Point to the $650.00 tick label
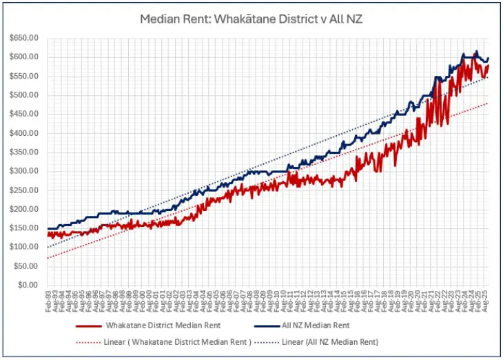tap(24, 37)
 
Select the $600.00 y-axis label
tap(24, 57)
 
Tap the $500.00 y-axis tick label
tap(24, 94)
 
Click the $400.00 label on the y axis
tap(24, 132)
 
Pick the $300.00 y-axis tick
tap(24, 170)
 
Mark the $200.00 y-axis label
tap(24, 209)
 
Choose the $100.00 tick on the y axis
tap(24, 247)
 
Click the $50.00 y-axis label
tap(26, 266)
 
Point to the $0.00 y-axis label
tap(28, 285)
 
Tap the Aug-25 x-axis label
tap(487, 301)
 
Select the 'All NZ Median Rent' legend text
tap(316, 325)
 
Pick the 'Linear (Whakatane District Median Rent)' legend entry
tap(164, 341)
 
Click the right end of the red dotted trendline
tap(488, 103)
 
